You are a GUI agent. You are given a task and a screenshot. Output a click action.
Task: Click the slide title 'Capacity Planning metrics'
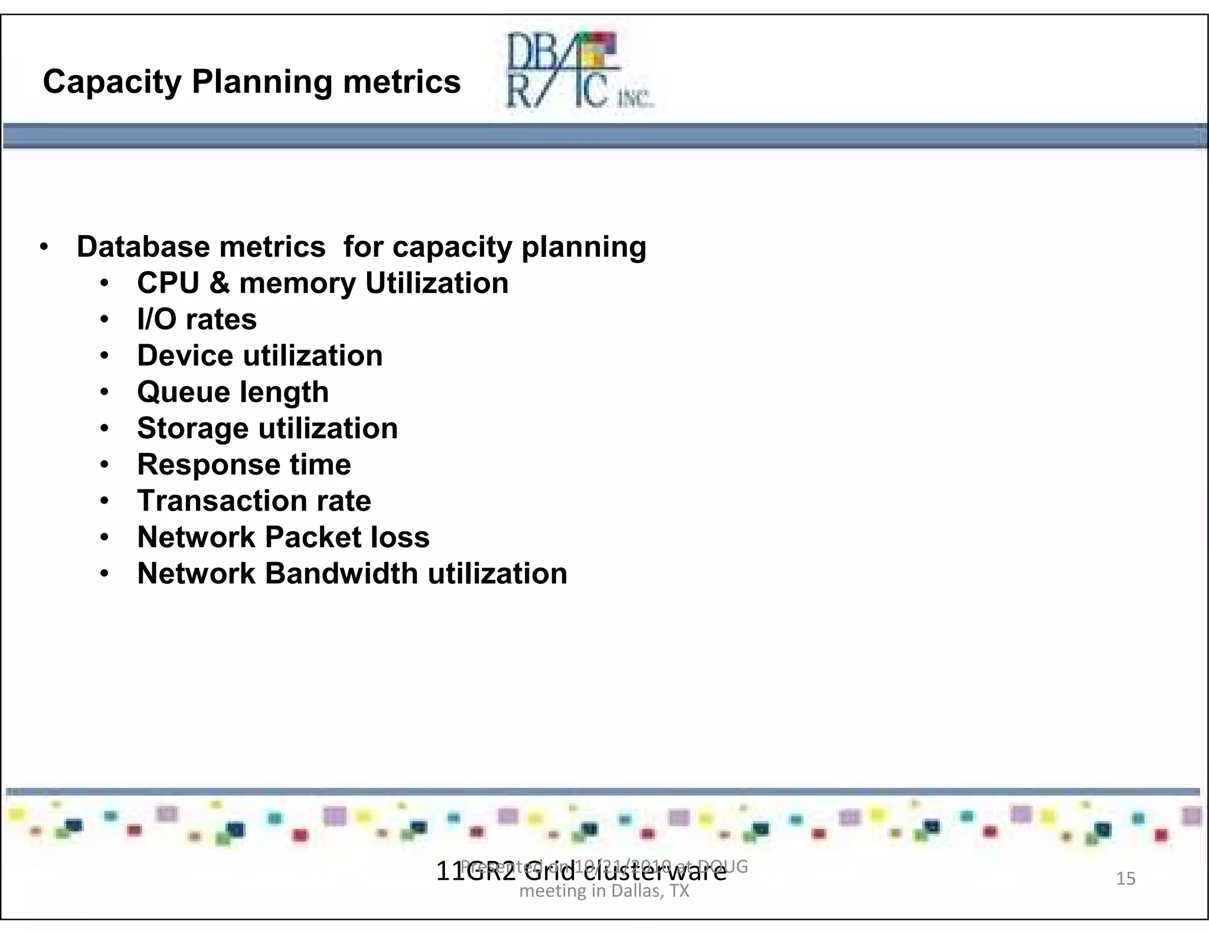tap(251, 81)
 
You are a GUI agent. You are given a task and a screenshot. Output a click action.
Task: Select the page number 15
tap(1126, 879)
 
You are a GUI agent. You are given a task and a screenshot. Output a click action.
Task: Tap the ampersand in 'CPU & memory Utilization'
tap(219, 283)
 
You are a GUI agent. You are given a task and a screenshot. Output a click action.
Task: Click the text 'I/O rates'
tap(197, 319)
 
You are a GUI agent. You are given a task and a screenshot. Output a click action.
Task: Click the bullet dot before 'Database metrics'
tap(44, 247)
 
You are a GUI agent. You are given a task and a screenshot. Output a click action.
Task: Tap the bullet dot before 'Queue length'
tap(104, 392)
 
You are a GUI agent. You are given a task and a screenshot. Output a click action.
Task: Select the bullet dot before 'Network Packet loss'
tap(104, 537)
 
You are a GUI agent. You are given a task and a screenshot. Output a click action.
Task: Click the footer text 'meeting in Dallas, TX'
tap(604, 891)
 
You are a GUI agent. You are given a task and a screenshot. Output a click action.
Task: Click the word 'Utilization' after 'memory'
tap(437, 283)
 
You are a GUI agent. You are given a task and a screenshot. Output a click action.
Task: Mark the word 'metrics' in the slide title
tap(401, 81)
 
